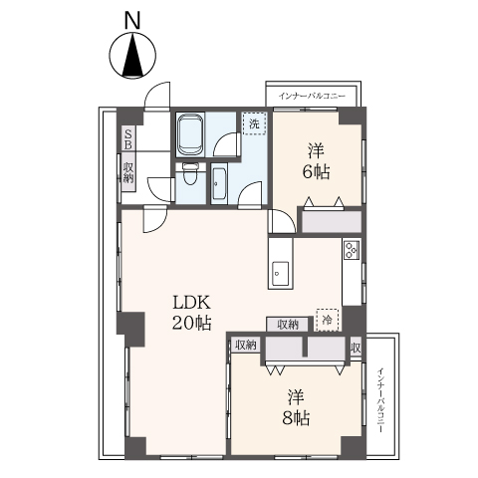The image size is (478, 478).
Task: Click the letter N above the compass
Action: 132,21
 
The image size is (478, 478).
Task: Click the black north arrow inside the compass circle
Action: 132,55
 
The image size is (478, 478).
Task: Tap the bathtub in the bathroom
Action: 189,134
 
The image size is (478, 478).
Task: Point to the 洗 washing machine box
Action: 254,123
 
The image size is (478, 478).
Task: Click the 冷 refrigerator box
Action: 328,320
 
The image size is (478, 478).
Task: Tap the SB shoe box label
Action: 128,139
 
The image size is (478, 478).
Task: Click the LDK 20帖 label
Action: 191,313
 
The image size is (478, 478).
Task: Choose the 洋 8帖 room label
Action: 296,408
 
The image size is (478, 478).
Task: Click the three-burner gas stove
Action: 352,250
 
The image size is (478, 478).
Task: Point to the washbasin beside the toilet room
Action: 219,184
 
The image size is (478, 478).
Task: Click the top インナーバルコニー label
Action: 312,97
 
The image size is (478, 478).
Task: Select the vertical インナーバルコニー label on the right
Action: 380,400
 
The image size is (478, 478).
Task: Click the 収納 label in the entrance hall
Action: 128,172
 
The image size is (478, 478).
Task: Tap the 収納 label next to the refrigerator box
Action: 288,325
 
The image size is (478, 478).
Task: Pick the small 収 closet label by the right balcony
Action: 356,349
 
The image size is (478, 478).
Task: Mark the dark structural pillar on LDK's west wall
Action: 130,329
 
